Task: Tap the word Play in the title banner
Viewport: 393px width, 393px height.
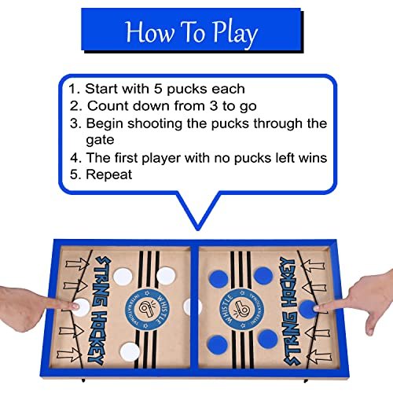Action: point(235,34)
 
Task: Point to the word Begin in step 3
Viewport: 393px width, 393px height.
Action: point(105,124)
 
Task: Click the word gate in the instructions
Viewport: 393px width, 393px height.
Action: point(100,141)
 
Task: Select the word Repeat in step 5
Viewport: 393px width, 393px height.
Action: point(109,174)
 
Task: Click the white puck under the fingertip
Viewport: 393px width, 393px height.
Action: point(81,307)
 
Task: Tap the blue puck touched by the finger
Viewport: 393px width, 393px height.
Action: point(307,309)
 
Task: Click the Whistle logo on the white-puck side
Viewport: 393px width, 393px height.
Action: point(146,309)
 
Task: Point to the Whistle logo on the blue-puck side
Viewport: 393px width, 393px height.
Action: point(241,308)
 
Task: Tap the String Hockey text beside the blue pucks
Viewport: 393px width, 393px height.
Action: point(291,310)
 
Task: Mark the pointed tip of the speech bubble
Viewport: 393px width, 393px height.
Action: point(198,230)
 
